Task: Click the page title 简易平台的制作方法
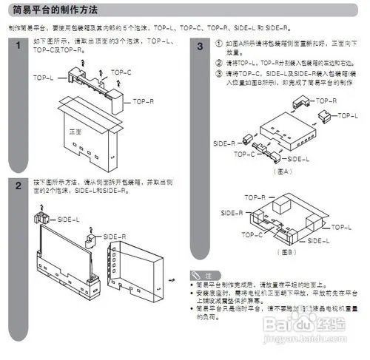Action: (55, 10)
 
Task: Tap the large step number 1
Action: (18, 47)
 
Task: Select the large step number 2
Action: (18, 186)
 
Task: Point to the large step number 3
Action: (200, 47)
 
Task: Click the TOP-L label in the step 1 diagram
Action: (43, 76)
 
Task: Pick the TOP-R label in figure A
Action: (326, 100)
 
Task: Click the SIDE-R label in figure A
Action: (224, 143)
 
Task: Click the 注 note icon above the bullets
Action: (200, 274)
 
